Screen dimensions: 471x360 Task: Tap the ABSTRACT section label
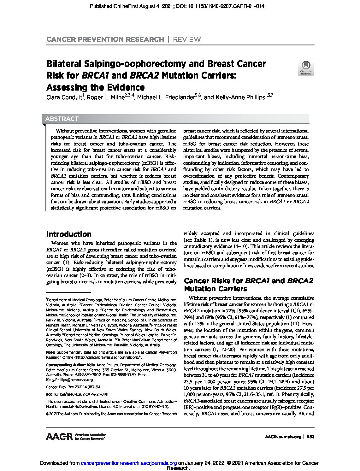point(62,119)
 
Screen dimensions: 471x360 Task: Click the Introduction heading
point(69,234)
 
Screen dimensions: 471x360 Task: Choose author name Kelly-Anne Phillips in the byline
point(239,97)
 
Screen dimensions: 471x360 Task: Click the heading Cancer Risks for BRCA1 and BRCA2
point(248,281)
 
